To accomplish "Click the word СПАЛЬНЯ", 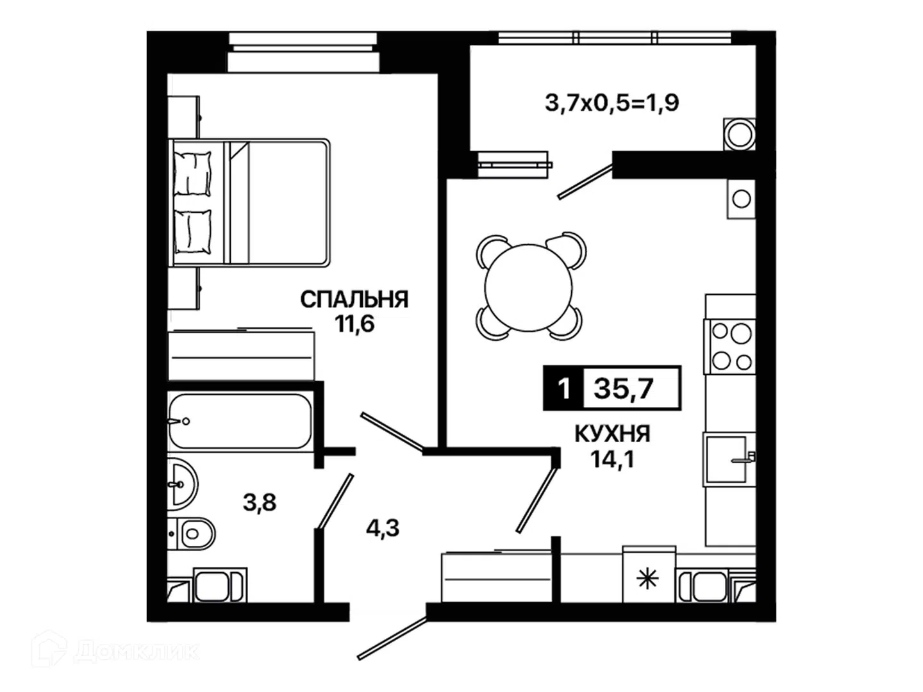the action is pos(354,300).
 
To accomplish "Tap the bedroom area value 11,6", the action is pos(354,324).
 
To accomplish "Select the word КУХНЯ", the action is pos(612,434).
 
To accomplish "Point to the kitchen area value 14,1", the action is pos(612,459).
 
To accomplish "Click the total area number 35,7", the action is pos(624,389).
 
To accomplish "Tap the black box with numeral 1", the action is pos(563,388).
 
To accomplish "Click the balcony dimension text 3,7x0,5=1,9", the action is pos(612,103).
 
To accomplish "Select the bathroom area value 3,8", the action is pos(260,502).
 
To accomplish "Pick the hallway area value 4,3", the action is pos(382,528).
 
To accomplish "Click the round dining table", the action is pos(529,288).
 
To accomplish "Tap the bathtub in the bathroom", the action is pos(240,421).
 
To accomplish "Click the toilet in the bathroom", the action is pos(191,534).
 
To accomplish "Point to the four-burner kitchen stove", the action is pos(729,347).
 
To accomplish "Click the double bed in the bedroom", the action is pos(249,202).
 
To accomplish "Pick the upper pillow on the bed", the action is pos(192,173).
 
